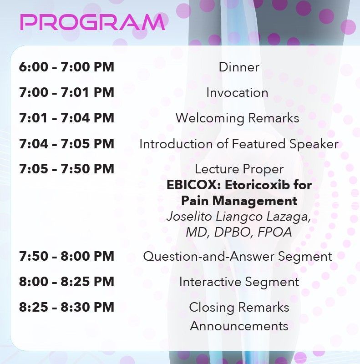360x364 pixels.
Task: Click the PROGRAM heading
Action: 92,22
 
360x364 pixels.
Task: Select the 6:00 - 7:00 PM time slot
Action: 66,67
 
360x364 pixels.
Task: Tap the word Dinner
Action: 239,67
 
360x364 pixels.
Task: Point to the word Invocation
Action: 237,93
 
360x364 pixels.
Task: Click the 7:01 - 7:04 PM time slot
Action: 66,118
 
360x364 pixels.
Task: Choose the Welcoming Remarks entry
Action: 237,118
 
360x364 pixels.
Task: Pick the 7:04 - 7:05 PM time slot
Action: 66,143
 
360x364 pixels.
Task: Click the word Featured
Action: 259,144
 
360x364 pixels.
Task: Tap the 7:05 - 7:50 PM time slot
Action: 66,169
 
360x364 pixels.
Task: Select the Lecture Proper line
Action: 239,169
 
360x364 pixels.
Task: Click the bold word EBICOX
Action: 193,185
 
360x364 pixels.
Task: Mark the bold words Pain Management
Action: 239,201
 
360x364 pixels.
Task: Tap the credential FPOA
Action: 275,232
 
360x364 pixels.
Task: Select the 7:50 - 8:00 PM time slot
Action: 66,256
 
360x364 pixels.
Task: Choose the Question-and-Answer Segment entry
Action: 238,257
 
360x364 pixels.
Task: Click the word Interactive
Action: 210,282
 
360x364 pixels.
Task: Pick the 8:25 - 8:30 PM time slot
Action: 66,307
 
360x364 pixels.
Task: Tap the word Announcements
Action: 239,326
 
